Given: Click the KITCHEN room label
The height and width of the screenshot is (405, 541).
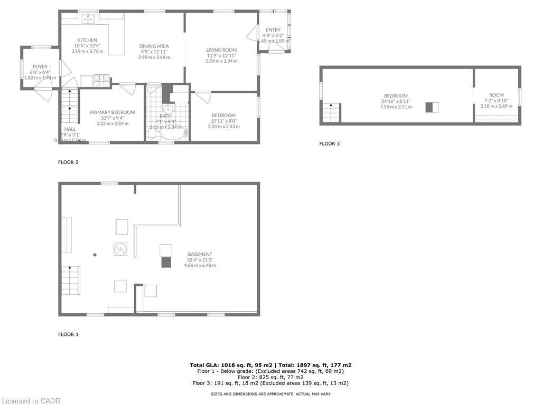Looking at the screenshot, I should click(87, 40).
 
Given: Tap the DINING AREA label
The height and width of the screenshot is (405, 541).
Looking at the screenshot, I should click(154, 46).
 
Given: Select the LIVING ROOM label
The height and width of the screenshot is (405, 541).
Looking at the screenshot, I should click(221, 50).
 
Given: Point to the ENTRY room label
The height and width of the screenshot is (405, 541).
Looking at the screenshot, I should click(273, 30).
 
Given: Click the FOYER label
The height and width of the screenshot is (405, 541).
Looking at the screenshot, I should click(40, 66).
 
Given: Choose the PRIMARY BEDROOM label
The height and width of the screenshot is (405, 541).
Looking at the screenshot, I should click(112, 112).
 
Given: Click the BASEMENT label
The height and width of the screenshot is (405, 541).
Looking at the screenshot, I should click(200, 254).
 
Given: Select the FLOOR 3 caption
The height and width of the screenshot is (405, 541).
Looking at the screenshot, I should click(330, 143).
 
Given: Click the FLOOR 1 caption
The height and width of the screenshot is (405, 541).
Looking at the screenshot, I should click(68, 334).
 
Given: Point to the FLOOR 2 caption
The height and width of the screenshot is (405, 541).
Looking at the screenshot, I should click(68, 162).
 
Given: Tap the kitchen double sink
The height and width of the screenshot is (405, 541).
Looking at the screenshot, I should click(88, 19).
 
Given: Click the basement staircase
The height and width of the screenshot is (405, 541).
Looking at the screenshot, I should click(70, 281).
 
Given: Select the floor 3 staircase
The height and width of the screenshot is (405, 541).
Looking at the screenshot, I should click(331, 113).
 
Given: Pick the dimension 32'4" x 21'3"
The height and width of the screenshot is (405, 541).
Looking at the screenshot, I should click(200, 260).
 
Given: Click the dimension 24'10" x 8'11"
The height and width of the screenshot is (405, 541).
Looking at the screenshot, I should click(396, 101).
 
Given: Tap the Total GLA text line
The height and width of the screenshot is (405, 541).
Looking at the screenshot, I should click(270, 365).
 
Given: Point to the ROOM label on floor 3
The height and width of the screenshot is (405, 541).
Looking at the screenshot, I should click(496, 95).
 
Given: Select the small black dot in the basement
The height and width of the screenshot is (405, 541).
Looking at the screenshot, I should click(95, 255).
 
